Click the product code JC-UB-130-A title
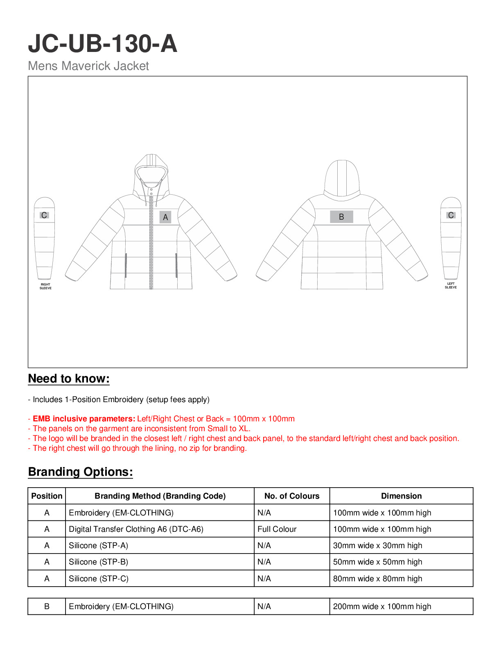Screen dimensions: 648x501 click(102, 44)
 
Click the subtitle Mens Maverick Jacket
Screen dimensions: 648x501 click(88, 66)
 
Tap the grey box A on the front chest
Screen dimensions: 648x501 click(165, 217)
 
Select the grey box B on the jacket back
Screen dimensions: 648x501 click(341, 217)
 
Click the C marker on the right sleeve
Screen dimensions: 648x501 click(44, 215)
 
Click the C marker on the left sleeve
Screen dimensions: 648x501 click(451, 215)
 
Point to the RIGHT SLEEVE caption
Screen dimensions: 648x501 click(45, 286)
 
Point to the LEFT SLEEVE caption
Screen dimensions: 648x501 click(451, 286)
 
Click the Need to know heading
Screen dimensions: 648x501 click(69, 379)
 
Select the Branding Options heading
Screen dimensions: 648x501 click(80, 472)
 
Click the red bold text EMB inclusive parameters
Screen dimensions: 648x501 click(84, 419)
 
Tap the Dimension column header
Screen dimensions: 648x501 click(401, 496)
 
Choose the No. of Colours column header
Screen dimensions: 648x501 click(292, 496)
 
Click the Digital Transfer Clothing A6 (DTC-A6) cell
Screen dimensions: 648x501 click(136, 529)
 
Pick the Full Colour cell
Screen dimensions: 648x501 click(277, 529)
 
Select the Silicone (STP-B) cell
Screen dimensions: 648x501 click(99, 562)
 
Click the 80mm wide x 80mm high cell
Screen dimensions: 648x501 click(377, 579)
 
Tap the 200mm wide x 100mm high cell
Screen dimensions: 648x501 click(382, 607)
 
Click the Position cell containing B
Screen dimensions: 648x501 click(47, 607)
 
